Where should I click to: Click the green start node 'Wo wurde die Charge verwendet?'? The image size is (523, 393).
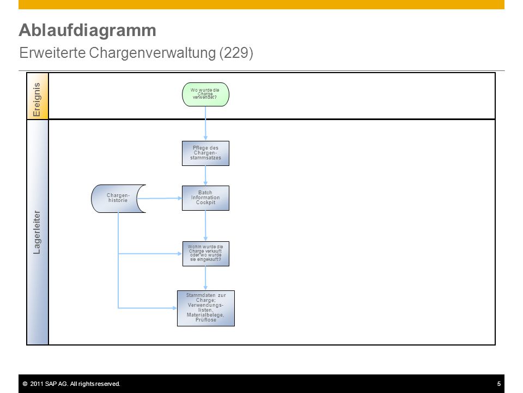(205, 94)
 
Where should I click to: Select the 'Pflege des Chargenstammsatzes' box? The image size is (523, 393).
(205, 153)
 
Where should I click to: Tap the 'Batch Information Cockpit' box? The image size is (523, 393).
(205, 198)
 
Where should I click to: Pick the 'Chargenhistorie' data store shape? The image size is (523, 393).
(118, 199)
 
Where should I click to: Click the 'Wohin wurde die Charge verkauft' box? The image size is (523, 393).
(206, 254)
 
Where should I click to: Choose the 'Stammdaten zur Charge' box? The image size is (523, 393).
(206, 308)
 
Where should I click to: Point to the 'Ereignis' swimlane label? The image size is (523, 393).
(37, 99)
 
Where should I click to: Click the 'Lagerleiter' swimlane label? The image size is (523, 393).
(37, 233)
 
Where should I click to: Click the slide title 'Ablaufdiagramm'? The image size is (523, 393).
(87, 30)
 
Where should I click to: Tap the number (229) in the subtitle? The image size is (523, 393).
(236, 53)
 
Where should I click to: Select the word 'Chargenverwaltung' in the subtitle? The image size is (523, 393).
(153, 53)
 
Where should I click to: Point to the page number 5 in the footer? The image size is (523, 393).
(499, 384)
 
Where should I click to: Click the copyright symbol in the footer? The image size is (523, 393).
(25, 384)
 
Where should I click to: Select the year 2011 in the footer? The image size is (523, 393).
(37, 384)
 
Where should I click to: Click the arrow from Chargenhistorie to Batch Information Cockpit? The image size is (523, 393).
(160, 198)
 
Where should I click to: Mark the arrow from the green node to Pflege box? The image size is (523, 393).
(205, 124)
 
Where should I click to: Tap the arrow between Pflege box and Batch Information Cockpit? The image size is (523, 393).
(205, 176)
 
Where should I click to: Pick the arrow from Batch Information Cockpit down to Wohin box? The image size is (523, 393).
(205, 226)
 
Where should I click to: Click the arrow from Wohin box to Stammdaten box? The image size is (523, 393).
(205, 278)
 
